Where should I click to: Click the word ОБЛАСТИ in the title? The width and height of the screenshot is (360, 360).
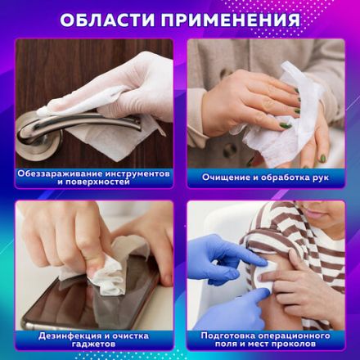(x=108, y=19)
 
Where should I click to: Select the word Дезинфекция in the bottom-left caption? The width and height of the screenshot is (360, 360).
(x=68, y=335)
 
